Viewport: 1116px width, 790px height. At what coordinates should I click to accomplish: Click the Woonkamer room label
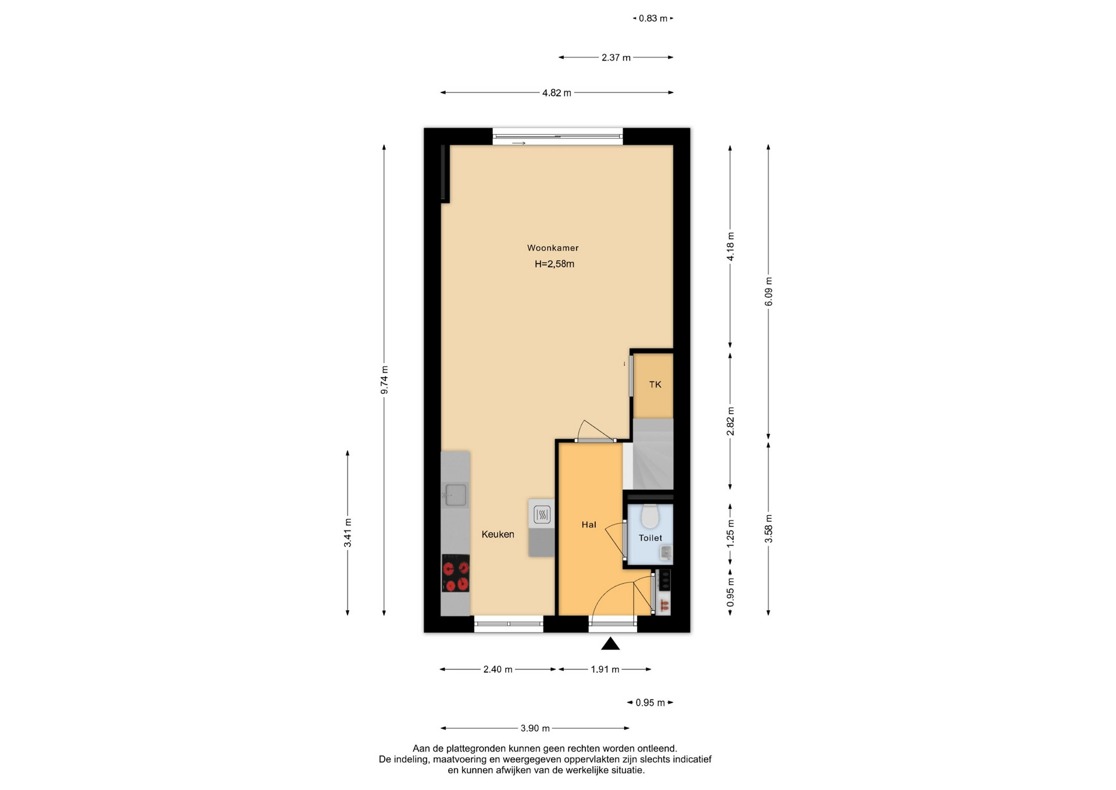tap(553, 248)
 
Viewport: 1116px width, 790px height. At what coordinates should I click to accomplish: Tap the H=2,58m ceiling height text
tap(555, 264)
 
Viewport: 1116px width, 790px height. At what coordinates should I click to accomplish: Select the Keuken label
tap(498, 535)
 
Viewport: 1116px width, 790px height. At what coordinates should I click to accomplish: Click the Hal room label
tap(589, 525)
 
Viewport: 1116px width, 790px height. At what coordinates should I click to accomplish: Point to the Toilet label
tap(650, 538)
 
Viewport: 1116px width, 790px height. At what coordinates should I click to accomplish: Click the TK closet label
tap(655, 385)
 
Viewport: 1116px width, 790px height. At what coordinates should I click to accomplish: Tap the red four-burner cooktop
tap(456, 573)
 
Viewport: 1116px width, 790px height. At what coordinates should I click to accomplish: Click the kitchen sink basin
tap(455, 494)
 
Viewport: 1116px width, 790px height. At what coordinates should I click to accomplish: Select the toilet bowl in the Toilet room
tap(649, 516)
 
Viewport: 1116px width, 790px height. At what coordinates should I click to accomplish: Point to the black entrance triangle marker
tap(610, 643)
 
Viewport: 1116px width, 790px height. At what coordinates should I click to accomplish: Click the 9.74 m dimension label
tap(384, 380)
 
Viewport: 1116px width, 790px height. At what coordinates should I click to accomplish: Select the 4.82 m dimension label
tap(557, 92)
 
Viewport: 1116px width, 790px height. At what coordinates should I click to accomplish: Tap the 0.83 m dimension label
tap(653, 19)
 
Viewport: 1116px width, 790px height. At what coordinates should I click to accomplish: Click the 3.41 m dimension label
tap(348, 533)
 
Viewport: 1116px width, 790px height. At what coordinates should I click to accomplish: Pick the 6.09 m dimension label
tap(768, 291)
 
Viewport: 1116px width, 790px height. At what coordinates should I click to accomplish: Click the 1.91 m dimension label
tap(605, 670)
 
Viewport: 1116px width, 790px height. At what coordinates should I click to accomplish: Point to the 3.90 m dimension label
tap(535, 728)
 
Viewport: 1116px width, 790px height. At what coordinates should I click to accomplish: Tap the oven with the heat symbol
tap(542, 514)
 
